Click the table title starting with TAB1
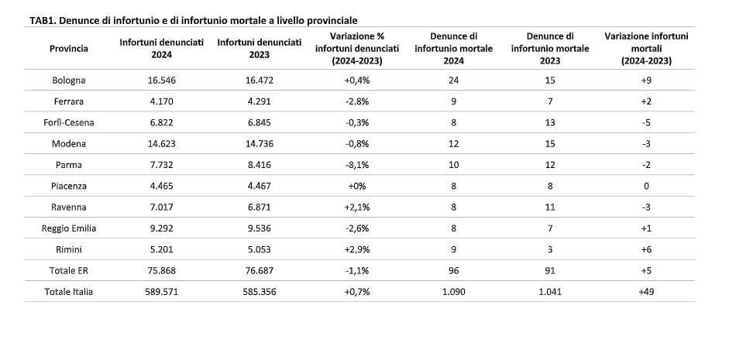coord(194,20)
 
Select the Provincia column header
coord(69,48)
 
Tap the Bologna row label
coord(69,81)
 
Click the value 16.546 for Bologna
coord(162,81)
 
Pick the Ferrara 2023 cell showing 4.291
coord(260,101)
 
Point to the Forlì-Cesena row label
coord(69,122)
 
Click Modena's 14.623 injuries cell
coord(162,143)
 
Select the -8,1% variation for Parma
coord(357,165)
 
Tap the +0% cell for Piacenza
coord(357,186)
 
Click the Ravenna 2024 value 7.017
coord(162,207)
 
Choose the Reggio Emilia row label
coord(69,228)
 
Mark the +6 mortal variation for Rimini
coord(646,249)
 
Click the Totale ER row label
coord(69,271)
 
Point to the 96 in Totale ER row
coord(454,271)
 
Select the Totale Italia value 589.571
coord(162,292)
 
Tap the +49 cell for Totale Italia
coord(646,292)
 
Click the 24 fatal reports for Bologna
coord(454,81)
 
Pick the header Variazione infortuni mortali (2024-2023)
coord(646,48)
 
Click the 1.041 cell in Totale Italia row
coord(550,292)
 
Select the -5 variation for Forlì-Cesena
coord(646,122)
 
